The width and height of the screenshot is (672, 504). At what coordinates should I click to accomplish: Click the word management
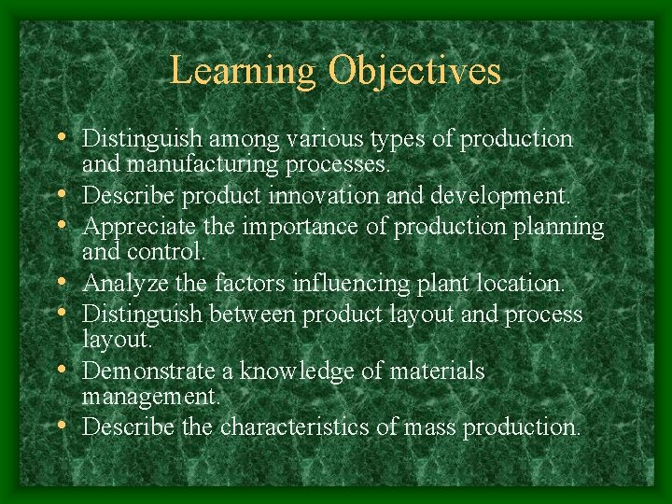[150, 398]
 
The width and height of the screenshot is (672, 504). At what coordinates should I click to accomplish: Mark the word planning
[557, 226]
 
